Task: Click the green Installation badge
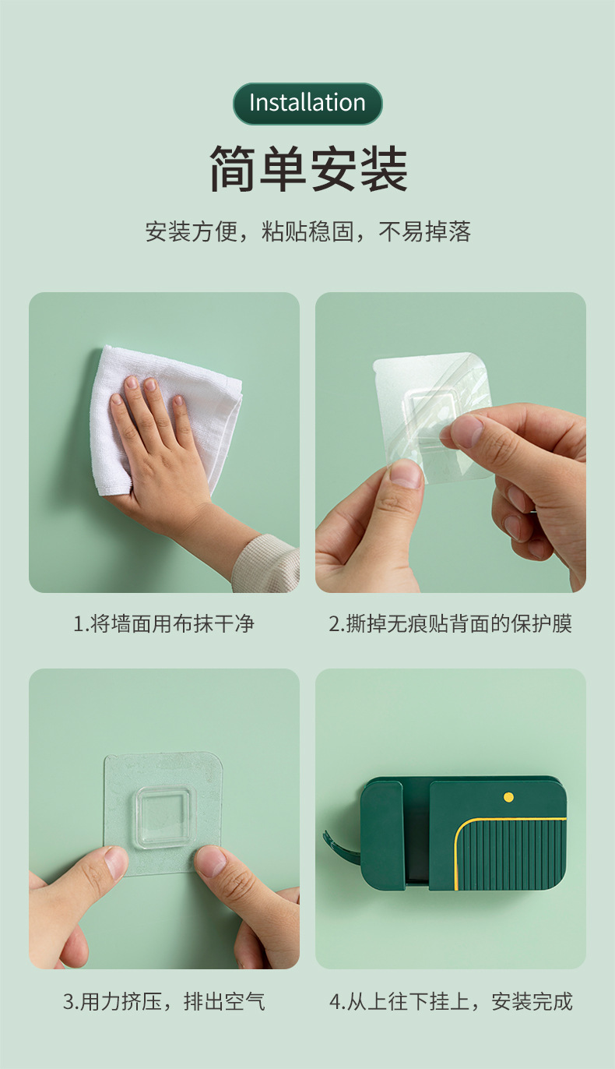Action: click(x=307, y=104)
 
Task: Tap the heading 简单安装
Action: click(x=308, y=168)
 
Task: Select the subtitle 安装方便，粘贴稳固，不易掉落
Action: click(x=307, y=231)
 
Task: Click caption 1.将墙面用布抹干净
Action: click(x=163, y=623)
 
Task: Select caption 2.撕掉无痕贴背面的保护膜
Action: click(x=450, y=623)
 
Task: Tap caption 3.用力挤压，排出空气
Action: click(x=163, y=1001)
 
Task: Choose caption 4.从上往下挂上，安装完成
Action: click(x=450, y=1001)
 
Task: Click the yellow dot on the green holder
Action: click(x=508, y=797)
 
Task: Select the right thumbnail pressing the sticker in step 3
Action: click(x=215, y=863)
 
